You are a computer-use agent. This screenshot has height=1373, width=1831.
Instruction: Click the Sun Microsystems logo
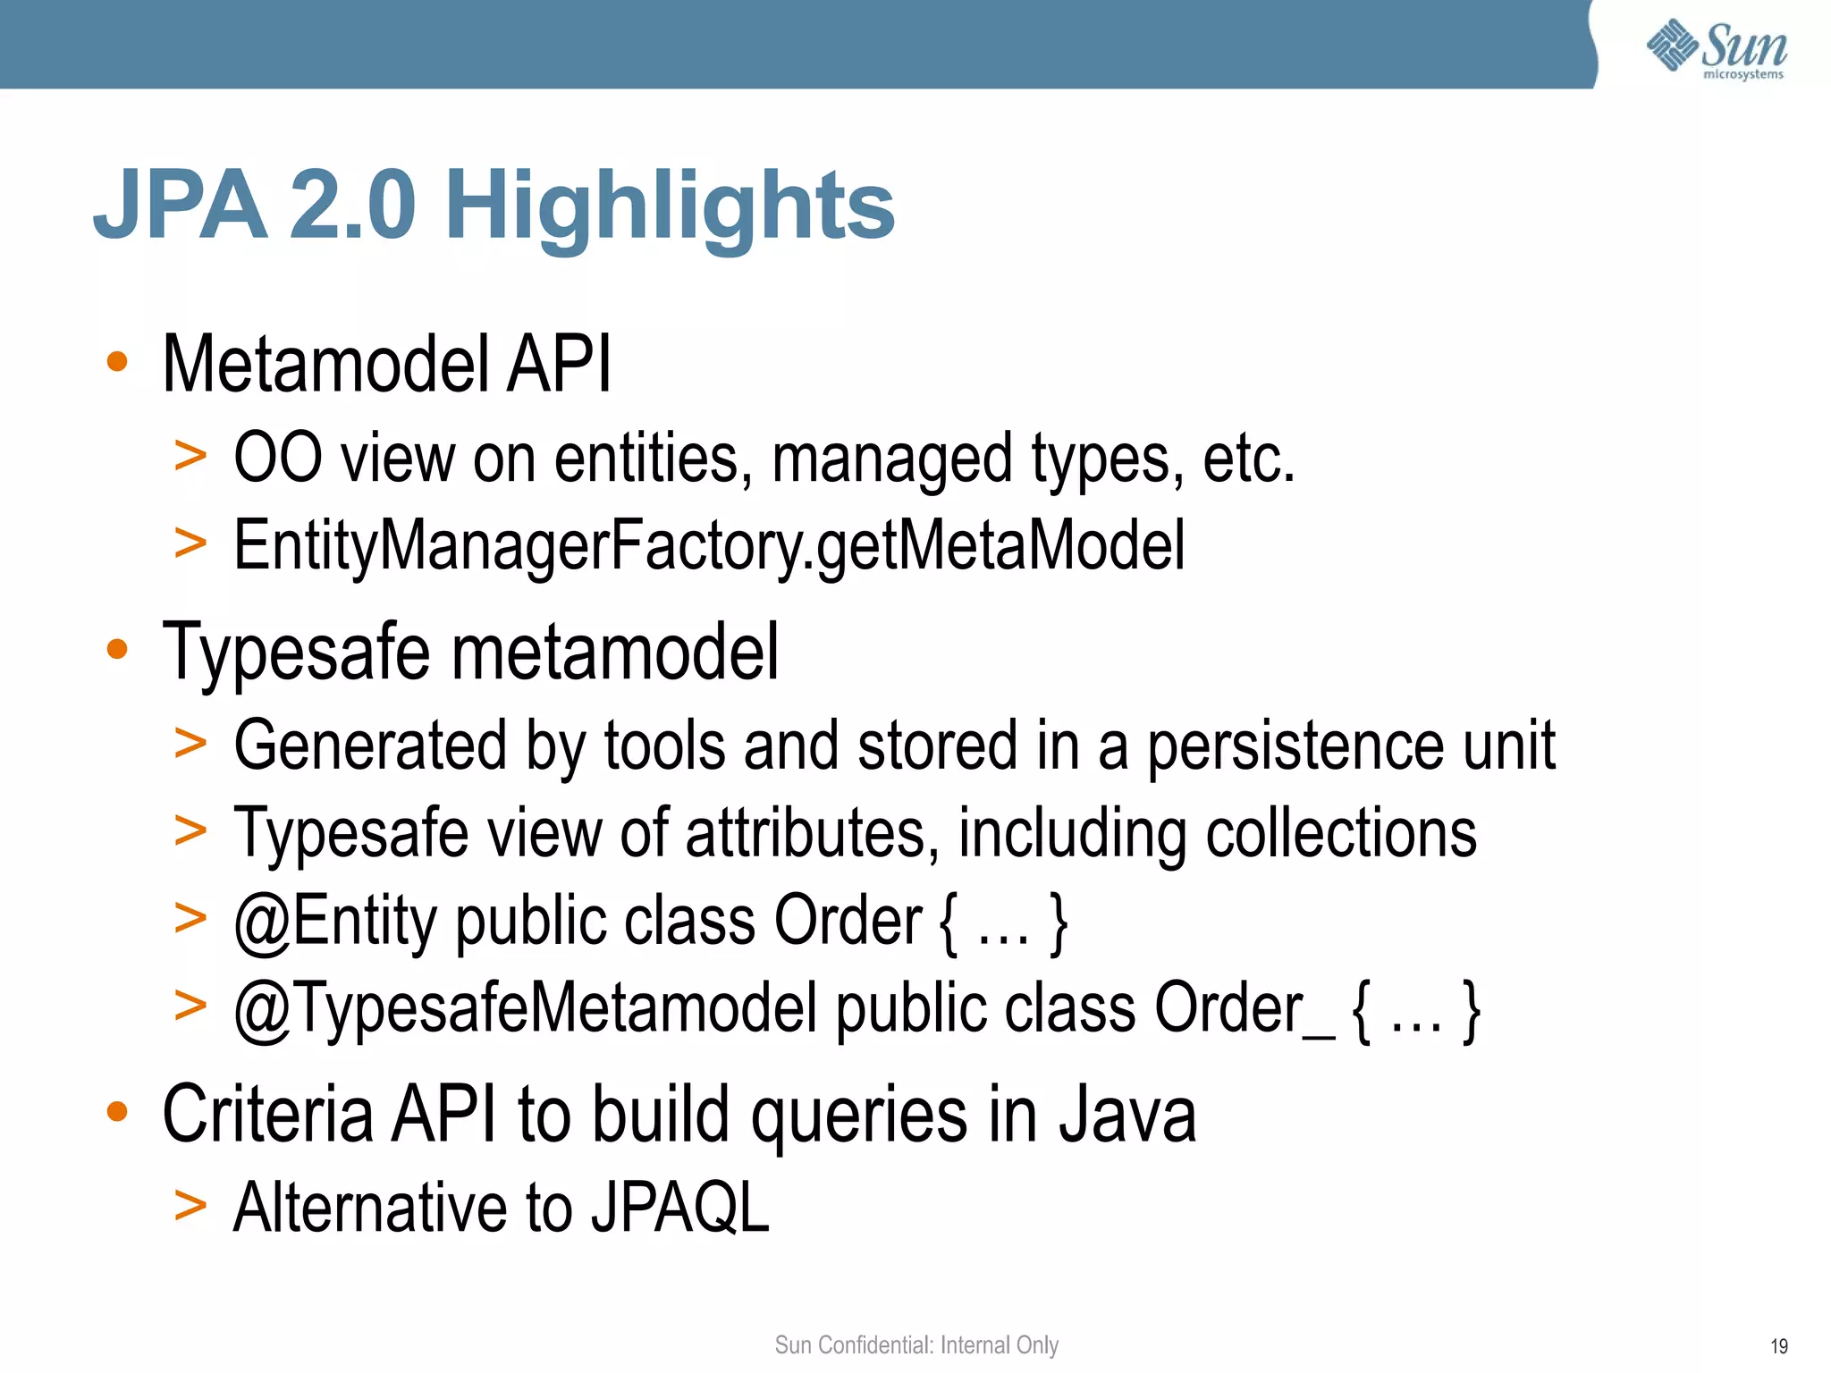point(1717,48)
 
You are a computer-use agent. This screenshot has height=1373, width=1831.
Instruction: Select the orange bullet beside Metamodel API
point(117,362)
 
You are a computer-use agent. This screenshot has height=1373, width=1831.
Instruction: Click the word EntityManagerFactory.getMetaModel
point(708,545)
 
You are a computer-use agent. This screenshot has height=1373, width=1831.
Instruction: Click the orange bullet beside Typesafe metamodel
point(117,650)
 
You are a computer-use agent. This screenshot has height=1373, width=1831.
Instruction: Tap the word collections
point(1341,833)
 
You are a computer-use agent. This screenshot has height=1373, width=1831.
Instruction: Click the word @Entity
point(334,921)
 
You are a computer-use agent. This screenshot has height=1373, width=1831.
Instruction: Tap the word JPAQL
point(679,1209)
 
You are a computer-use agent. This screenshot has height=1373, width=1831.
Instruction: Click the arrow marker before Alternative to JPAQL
point(190,1206)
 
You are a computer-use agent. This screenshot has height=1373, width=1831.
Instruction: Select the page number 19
point(1778,1346)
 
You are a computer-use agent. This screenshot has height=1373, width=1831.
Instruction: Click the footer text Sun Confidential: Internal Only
point(916,1344)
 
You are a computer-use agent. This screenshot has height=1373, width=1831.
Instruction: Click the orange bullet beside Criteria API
point(117,1112)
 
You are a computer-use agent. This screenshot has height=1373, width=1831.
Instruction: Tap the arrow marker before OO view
point(190,456)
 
